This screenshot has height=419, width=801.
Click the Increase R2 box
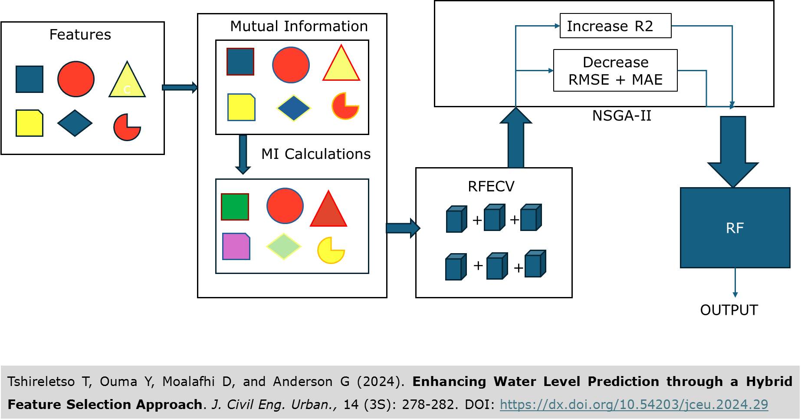615,26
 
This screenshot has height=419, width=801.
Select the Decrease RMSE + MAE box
615,71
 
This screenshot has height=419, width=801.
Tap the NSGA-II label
621,116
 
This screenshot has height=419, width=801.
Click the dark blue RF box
735,228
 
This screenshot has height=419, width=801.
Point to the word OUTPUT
729,310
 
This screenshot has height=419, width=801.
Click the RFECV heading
491,186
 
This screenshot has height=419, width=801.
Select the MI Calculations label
315,154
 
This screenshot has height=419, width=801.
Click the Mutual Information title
299,26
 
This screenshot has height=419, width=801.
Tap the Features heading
80,35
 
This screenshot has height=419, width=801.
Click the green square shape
235,207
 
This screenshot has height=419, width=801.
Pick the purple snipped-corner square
236,247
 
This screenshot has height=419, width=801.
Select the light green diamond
283,246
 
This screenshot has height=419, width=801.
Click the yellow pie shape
330,251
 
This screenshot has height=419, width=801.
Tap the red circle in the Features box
76,79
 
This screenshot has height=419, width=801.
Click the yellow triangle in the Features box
127,81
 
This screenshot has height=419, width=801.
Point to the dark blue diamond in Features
75,123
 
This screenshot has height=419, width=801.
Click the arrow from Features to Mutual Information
180,88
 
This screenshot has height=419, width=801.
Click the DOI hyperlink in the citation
634,405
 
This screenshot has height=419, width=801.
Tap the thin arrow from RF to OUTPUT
735,282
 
